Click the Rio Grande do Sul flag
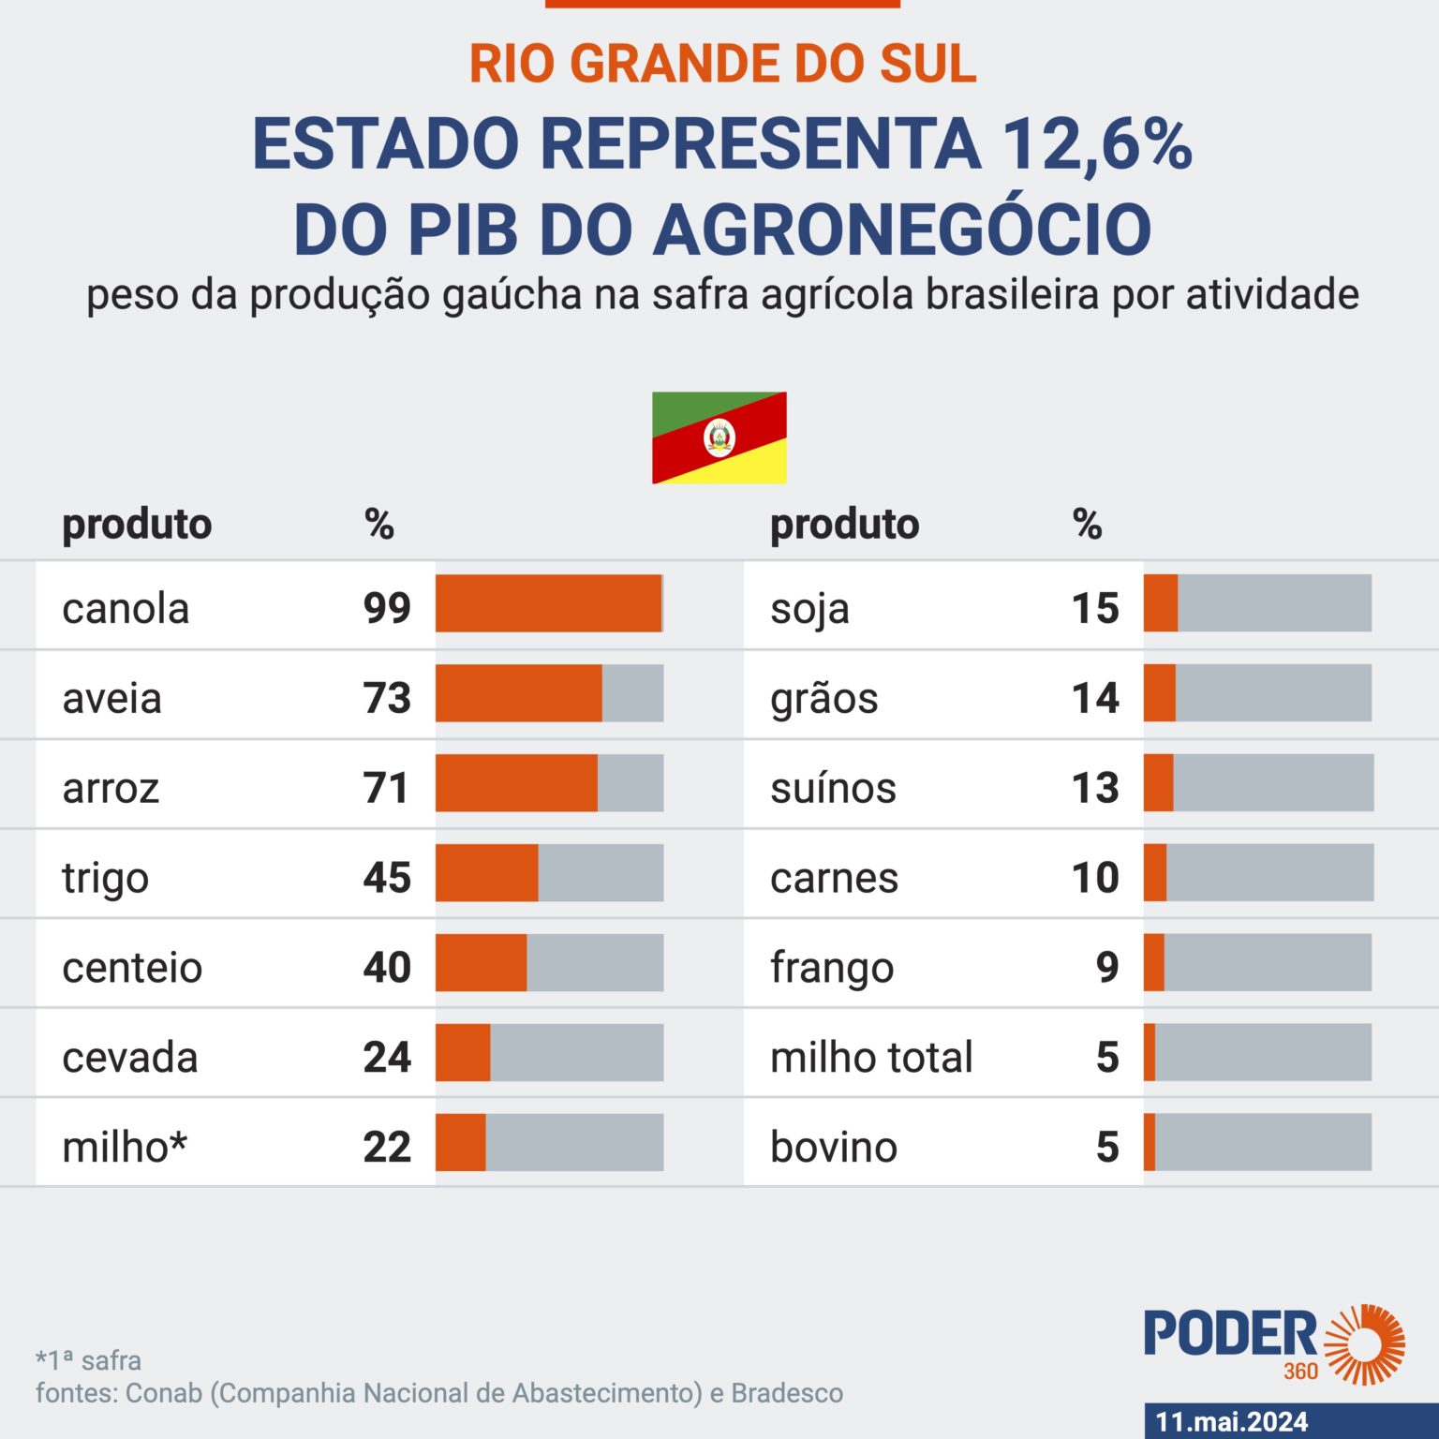click(719, 438)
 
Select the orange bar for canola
click(548, 603)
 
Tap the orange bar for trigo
click(486, 873)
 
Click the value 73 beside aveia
click(387, 698)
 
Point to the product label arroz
click(111, 788)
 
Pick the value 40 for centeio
click(387, 967)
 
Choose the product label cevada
click(130, 1058)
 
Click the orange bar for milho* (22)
click(460, 1142)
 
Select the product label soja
click(809, 609)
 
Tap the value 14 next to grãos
click(1095, 698)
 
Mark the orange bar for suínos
click(1158, 783)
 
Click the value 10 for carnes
click(1095, 878)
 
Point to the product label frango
click(832, 968)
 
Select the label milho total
click(871, 1058)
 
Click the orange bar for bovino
click(1150, 1142)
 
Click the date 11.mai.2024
click(1231, 1421)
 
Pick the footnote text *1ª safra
click(89, 1359)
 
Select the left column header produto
click(137, 524)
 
